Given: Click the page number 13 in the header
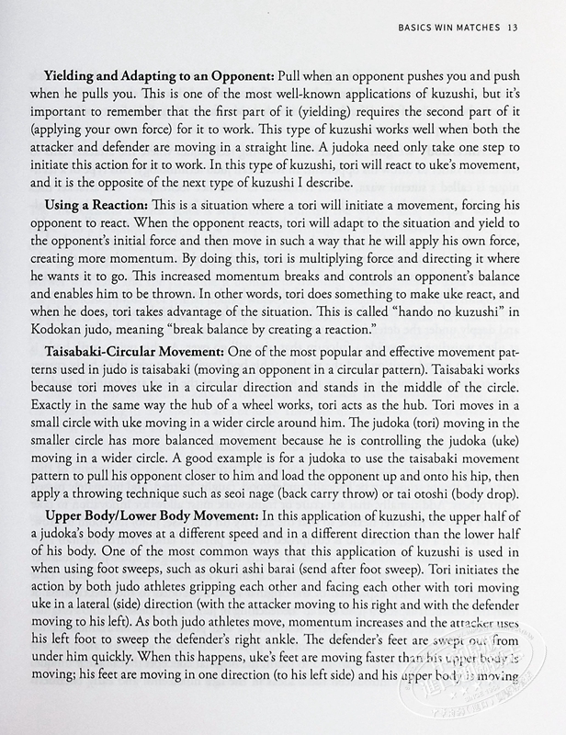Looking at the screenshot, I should (515, 28).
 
